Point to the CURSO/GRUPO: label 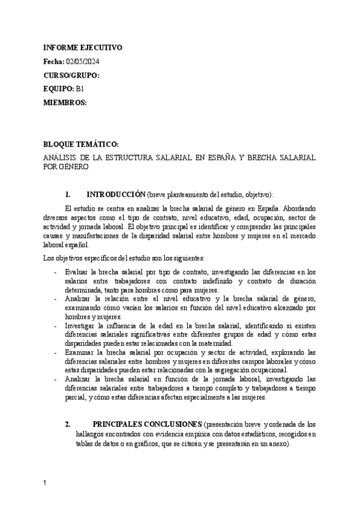point(71,76)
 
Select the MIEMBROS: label point(65,103)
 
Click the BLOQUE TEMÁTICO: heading point(81,145)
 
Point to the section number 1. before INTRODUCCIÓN point(67,194)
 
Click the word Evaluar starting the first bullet point(76,272)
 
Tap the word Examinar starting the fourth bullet point(79,353)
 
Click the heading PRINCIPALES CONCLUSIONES point(148,424)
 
